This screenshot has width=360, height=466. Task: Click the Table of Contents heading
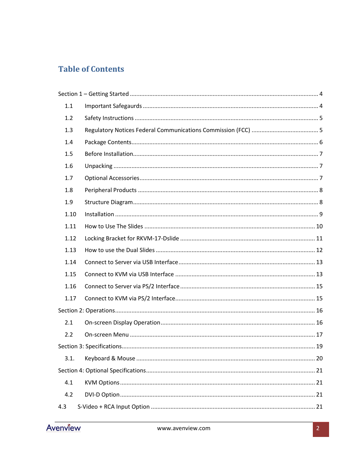[x=91, y=69]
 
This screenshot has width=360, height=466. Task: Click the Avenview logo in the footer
[x=63, y=428]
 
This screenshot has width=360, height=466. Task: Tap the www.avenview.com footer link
[x=184, y=428]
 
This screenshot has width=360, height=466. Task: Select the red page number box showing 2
[x=320, y=429]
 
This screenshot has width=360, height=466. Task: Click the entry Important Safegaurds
[x=113, y=106]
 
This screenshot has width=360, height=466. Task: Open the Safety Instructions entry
[x=109, y=118]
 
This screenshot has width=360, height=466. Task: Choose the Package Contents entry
[x=108, y=142]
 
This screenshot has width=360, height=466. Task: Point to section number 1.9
[x=69, y=202]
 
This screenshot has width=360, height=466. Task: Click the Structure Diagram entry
[x=109, y=202]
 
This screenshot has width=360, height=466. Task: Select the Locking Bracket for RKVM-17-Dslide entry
[x=132, y=238]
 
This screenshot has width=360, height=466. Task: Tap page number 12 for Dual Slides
[x=319, y=250]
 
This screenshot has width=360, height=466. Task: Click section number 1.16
[x=70, y=286]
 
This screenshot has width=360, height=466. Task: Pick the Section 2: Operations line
[x=86, y=311]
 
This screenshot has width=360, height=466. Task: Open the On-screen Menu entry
[x=107, y=335]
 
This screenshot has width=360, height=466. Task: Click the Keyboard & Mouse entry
[x=110, y=358]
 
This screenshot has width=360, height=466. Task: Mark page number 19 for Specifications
[x=319, y=346]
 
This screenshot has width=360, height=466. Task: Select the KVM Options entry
[x=102, y=383]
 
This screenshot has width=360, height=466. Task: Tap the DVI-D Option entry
[x=102, y=395]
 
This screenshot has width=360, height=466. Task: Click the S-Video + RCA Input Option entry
[x=114, y=407]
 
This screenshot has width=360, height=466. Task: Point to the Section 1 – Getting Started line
[x=94, y=94]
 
